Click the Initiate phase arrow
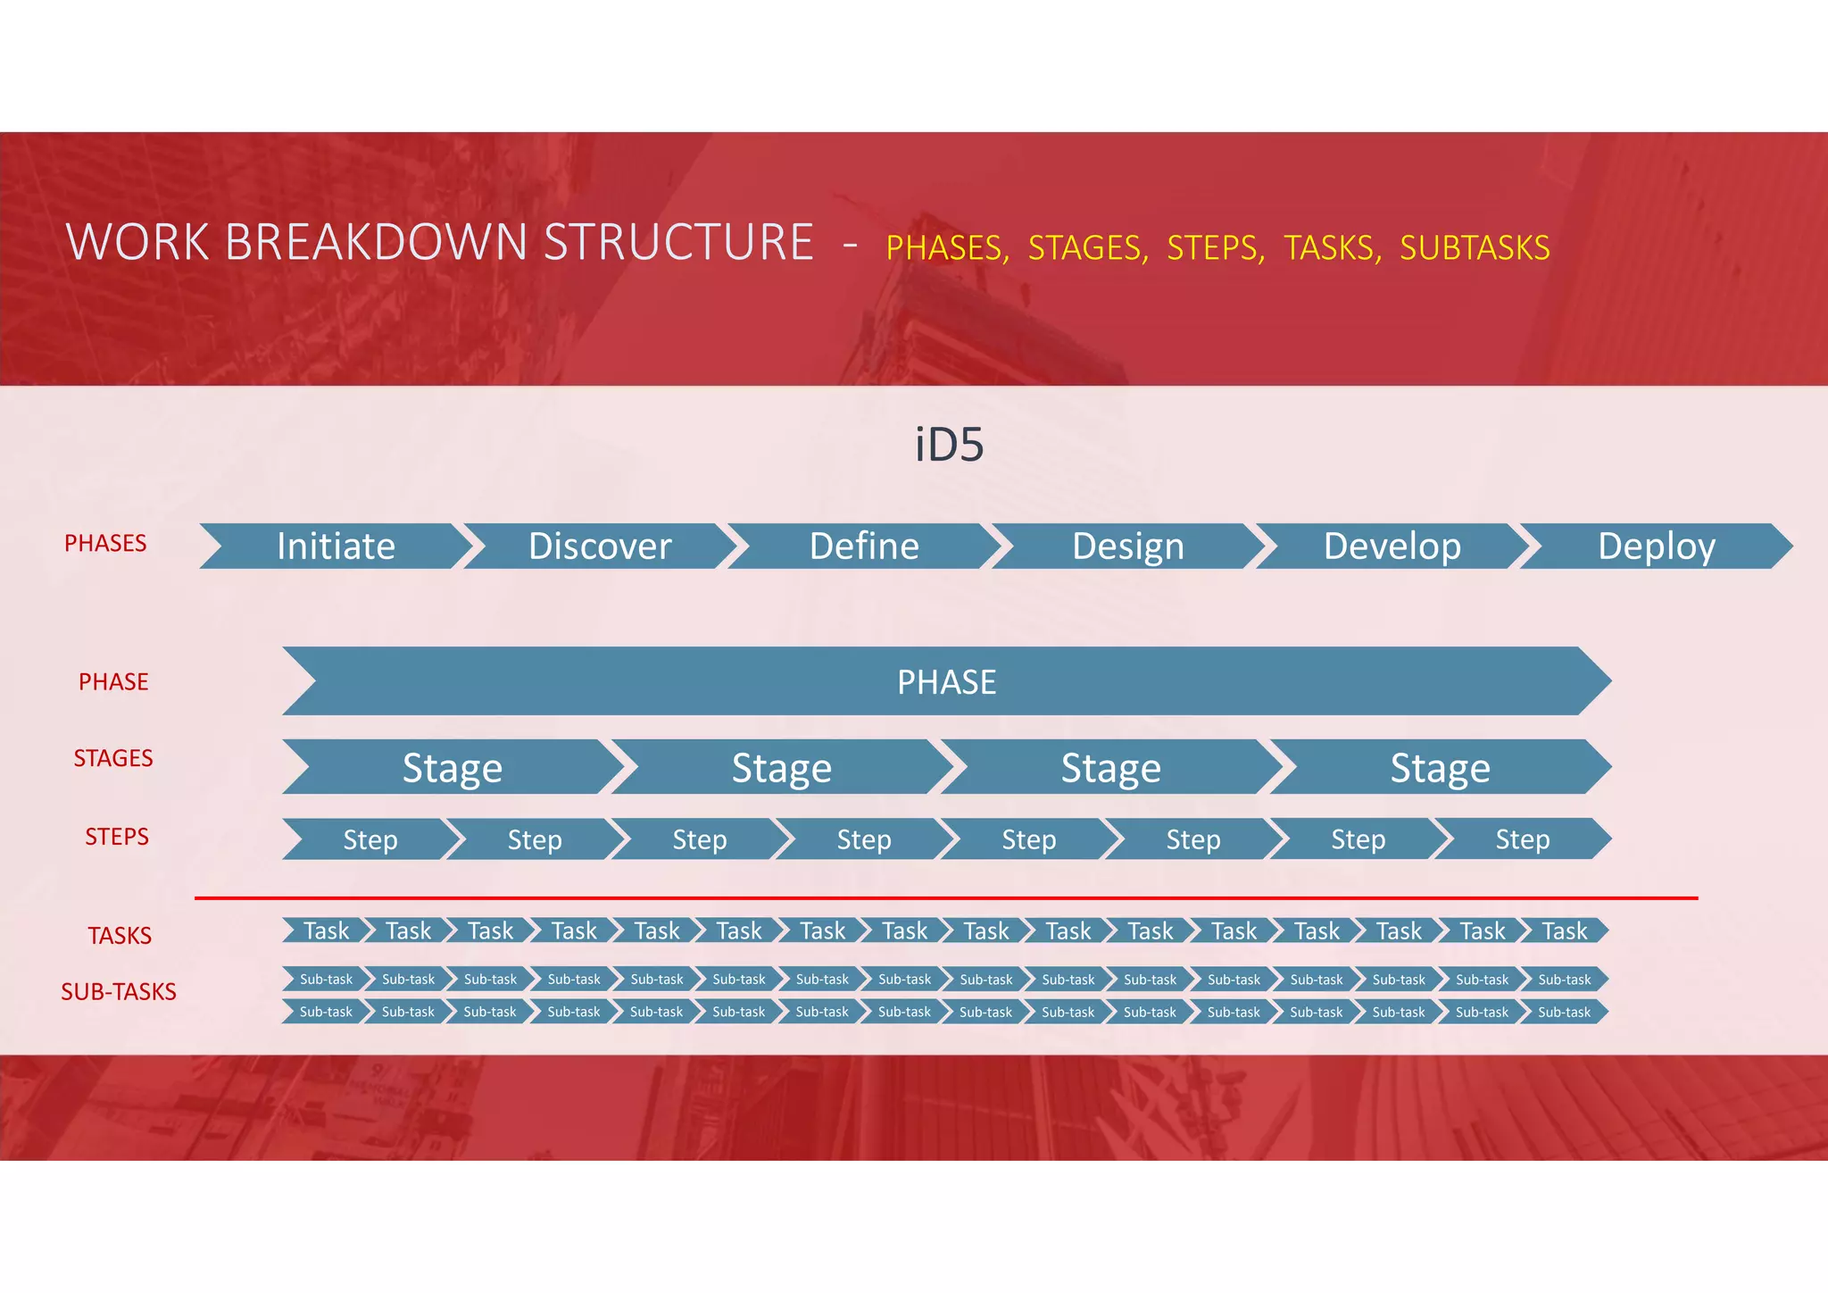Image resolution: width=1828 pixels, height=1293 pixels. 336,546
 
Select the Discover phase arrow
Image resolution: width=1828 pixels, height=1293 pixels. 600,546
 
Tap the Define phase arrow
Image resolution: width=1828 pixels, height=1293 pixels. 864,546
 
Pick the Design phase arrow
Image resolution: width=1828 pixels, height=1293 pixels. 1128,546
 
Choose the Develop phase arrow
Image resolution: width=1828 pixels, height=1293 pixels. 1392,546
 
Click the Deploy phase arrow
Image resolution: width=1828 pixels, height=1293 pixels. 1657,546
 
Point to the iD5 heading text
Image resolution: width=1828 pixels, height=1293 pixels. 949,445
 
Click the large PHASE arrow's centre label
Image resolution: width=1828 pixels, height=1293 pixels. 946,682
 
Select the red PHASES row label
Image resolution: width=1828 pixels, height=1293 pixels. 105,543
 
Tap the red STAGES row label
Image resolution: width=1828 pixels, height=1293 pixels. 113,758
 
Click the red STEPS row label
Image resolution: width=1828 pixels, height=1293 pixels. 117,837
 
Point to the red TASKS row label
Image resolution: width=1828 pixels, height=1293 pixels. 120,936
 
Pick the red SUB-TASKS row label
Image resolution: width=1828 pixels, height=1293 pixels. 119,992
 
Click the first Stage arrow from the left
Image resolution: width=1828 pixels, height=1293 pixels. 453,768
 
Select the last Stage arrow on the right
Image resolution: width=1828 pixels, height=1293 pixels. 1440,768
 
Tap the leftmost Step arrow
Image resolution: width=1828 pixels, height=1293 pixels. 370,839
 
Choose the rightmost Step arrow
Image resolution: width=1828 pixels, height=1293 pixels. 1523,839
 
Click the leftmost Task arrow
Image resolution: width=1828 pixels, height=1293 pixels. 326,931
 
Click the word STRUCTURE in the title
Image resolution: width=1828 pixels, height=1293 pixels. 678,243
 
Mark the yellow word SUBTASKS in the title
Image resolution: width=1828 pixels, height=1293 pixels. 1475,248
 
